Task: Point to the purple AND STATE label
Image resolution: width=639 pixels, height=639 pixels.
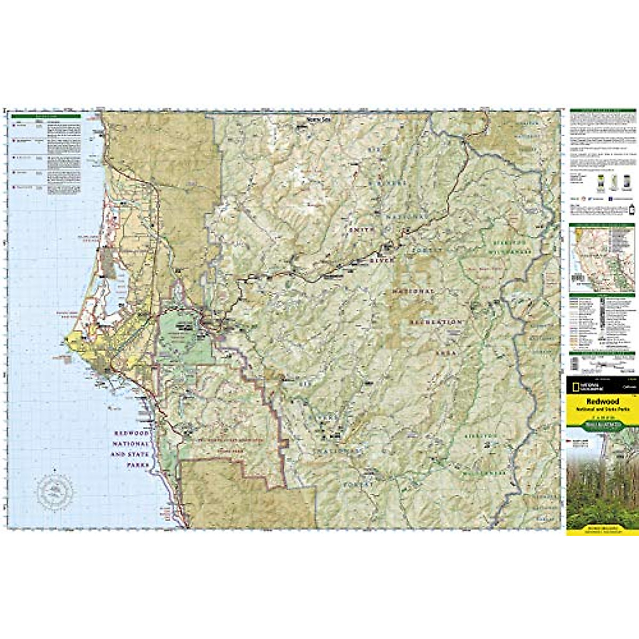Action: (126, 454)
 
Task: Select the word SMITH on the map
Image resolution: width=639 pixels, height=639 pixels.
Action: (363, 230)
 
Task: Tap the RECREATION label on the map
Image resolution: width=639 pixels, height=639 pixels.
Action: (435, 323)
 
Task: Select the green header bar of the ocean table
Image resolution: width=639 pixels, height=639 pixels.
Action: (46, 116)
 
